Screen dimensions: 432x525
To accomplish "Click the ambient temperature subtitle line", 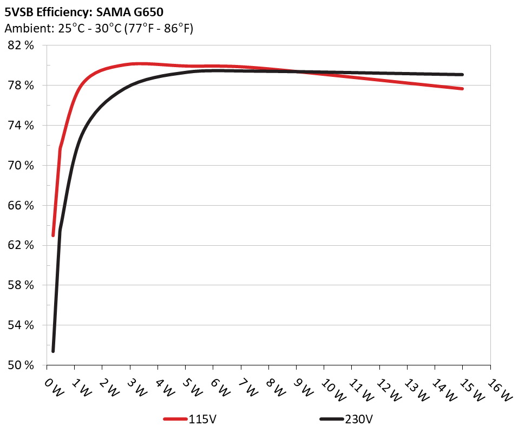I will pyautogui.click(x=99, y=28).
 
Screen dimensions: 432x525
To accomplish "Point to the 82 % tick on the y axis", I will pyautogui.click(x=22, y=45).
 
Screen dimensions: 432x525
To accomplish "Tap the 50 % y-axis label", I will pyautogui.click(x=22, y=365).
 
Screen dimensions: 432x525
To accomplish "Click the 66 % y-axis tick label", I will pyautogui.click(x=22, y=205).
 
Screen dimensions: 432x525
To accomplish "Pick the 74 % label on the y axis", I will pyautogui.click(x=22, y=126).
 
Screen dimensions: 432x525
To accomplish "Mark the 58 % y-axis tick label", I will pyautogui.click(x=22, y=285).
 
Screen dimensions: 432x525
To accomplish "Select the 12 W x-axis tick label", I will pyautogui.click(x=387, y=389).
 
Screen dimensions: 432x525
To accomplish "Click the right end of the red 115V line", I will pyautogui.click(x=462, y=88).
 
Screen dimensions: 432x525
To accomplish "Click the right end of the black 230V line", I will pyautogui.click(x=462, y=75).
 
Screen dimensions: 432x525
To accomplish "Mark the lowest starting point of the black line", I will pyautogui.click(x=53, y=351).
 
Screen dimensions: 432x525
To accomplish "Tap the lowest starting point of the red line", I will pyautogui.click(x=53, y=235).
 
